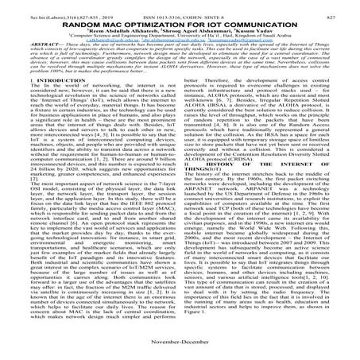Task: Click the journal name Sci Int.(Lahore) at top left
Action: [x=33, y=6]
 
